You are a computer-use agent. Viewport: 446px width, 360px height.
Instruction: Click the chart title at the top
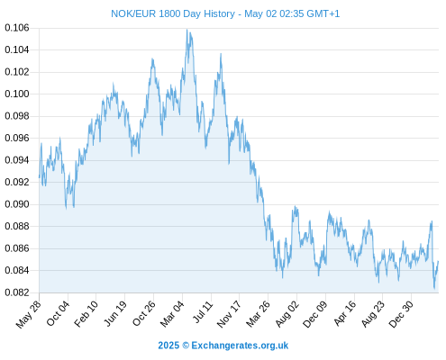[x=225, y=13]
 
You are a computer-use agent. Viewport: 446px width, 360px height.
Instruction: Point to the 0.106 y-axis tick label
[x=17, y=28]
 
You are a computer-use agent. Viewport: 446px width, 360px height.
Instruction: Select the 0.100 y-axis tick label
[x=17, y=94]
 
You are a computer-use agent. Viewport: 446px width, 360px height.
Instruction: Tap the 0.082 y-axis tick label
[x=17, y=292]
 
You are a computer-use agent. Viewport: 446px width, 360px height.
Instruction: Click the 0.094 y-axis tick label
[x=17, y=160]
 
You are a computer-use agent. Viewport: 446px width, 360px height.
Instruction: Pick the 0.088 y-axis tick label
[x=17, y=226]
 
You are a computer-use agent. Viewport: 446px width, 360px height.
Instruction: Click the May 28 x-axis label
[x=29, y=314]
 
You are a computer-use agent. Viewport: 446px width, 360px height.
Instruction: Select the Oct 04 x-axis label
[x=58, y=313]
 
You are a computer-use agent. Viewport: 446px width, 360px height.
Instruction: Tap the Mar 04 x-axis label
[x=172, y=313]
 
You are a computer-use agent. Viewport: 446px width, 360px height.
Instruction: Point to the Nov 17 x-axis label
[x=229, y=314]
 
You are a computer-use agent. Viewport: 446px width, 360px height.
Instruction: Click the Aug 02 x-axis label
[x=287, y=313]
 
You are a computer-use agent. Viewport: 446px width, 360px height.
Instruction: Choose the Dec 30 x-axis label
[x=401, y=314]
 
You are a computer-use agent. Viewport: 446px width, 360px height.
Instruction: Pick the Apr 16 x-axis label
[x=345, y=313]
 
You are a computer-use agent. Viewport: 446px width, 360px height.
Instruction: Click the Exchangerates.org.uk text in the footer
[x=240, y=346]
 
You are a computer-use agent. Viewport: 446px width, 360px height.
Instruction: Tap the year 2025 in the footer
[x=168, y=346]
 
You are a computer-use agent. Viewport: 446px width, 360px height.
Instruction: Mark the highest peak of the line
[x=187, y=30]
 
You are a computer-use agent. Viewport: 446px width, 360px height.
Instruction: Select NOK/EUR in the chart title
[x=133, y=13]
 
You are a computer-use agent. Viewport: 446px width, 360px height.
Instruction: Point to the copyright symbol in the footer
[x=186, y=346]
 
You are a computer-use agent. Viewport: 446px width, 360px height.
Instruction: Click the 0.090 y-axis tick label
[x=17, y=204]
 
